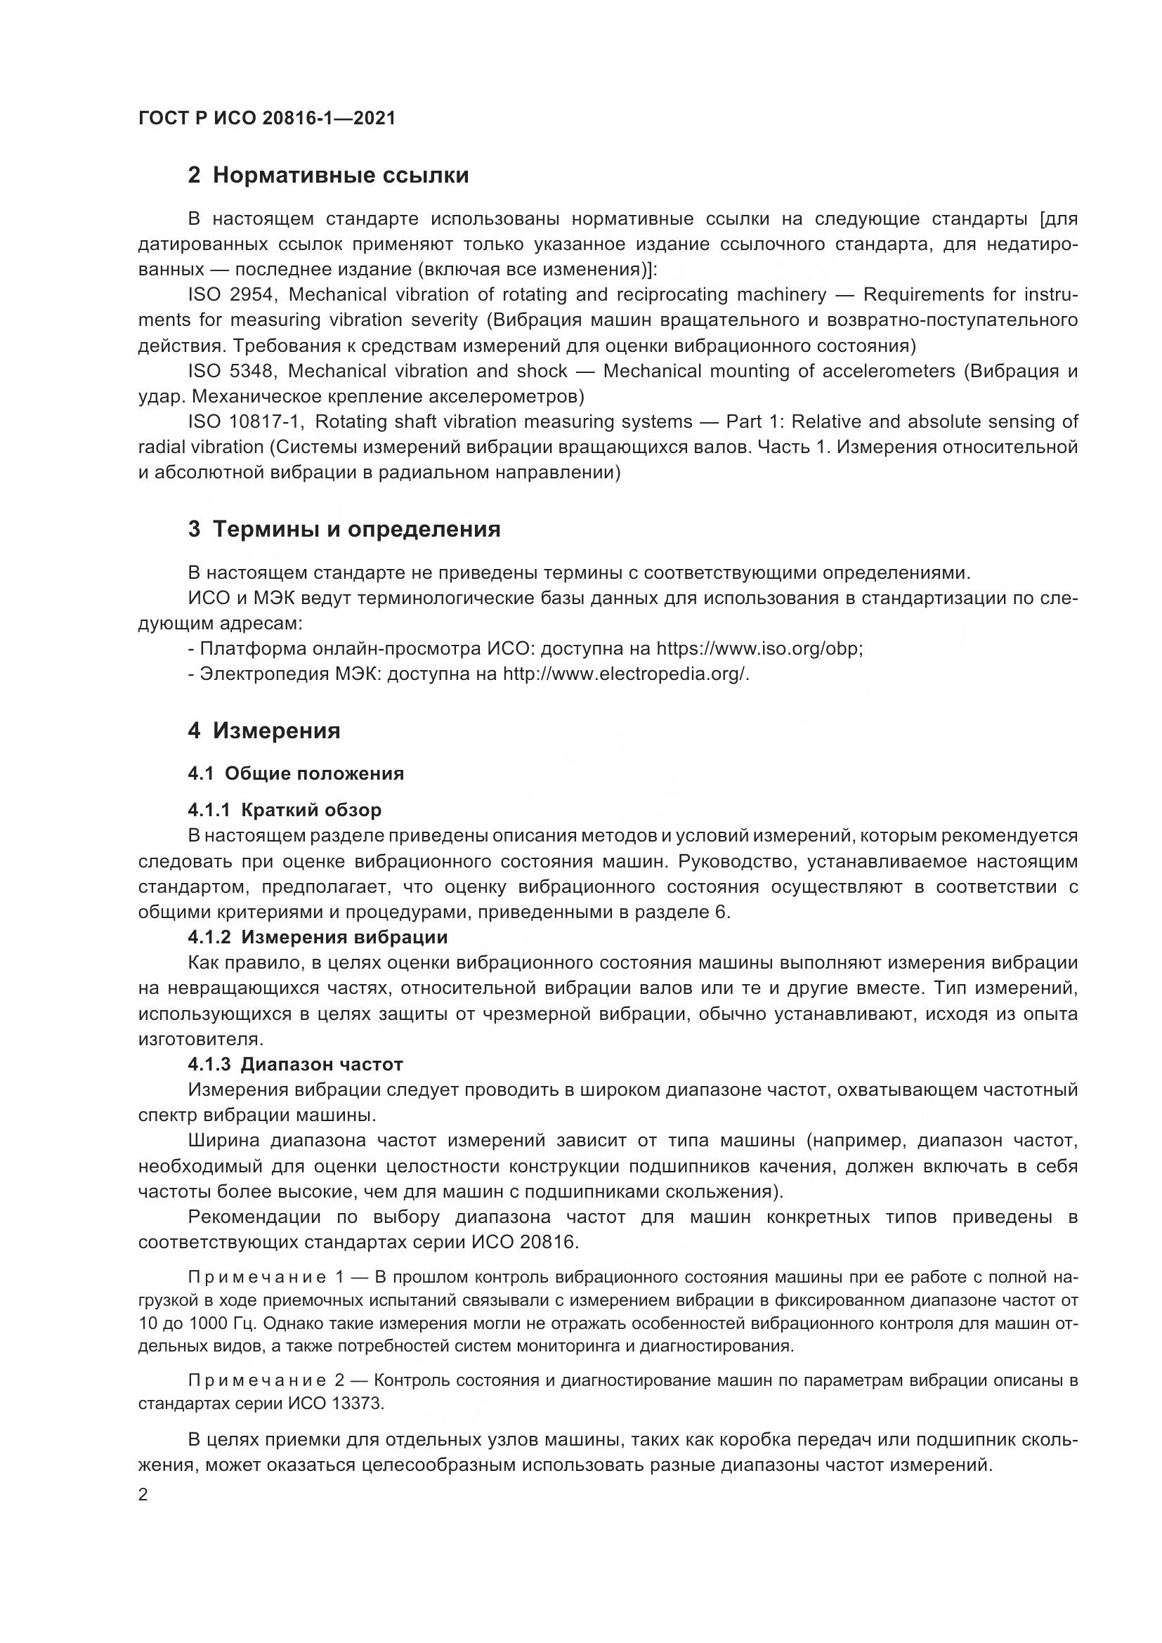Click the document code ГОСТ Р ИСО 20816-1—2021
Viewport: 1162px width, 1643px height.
point(266,119)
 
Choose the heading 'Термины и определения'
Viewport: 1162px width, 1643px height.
point(344,530)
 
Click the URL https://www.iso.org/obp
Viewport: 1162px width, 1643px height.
point(759,649)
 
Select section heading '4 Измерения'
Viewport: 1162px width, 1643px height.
point(264,731)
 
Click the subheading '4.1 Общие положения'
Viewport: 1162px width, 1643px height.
point(296,773)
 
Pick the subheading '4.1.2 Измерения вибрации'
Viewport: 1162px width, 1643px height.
point(318,938)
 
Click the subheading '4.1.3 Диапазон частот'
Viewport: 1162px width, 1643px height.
point(296,1064)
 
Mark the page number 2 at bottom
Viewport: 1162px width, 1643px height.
point(143,1494)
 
